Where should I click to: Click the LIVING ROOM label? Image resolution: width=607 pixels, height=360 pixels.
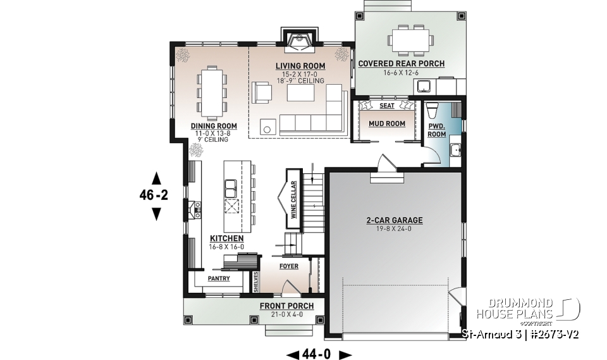point(300,66)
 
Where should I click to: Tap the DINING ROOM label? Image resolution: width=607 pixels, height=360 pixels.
point(214,126)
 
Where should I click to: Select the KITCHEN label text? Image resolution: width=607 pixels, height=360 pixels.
point(226,239)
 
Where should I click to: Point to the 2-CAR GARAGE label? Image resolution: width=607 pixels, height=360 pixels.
point(394,221)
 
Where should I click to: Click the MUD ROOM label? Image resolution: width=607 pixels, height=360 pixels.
point(386,123)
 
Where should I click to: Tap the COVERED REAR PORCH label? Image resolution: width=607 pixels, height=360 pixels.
point(402,64)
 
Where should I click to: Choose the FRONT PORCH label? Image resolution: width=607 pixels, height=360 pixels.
point(286,306)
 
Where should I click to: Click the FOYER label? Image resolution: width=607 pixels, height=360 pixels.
point(288,266)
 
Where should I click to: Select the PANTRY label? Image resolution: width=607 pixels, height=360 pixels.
point(218,278)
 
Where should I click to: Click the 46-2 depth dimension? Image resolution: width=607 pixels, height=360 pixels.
point(154,196)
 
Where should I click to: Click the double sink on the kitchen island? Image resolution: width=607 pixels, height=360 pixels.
point(232,187)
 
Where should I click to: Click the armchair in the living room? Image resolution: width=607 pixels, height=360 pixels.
point(261,92)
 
